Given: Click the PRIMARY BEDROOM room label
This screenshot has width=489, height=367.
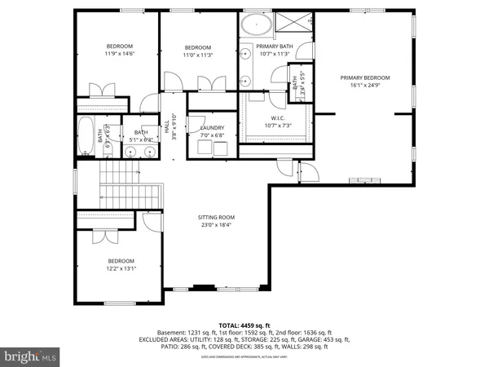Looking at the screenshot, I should click(x=365, y=77).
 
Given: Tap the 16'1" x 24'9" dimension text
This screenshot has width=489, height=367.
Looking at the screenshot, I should click(x=365, y=85).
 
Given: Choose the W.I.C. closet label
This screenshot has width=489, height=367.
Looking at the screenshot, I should click(x=276, y=117).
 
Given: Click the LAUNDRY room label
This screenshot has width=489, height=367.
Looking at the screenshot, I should click(x=200, y=127).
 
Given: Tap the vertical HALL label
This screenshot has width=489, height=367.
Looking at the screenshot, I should click(x=166, y=129).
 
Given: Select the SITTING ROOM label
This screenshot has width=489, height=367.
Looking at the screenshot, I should click(x=215, y=218).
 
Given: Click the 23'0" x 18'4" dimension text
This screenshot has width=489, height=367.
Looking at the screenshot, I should click(x=215, y=225).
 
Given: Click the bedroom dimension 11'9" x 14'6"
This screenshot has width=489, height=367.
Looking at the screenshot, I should click(x=120, y=53).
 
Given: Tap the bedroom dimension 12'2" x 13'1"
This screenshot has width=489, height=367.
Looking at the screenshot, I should click(x=120, y=268).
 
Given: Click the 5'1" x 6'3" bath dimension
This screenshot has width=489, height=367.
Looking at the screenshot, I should click(x=142, y=139).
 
